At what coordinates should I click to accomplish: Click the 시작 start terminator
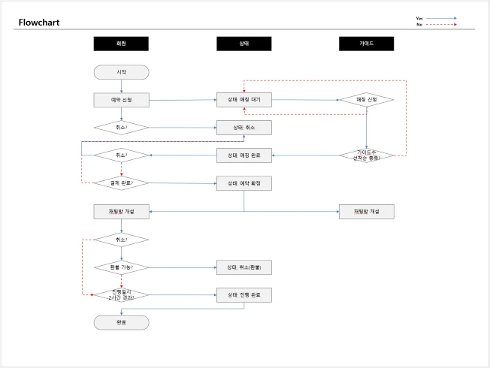pyautogui.click(x=121, y=72)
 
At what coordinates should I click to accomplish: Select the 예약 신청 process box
pyautogui.click(x=121, y=100)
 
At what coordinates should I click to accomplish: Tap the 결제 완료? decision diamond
pyautogui.click(x=121, y=183)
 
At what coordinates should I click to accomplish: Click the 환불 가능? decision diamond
pyautogui.click(x=121, y=267)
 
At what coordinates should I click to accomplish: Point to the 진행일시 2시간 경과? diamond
pyautogui.click(x=121, y=294)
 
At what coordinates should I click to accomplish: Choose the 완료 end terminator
pyautogui.click(x=121, y=322)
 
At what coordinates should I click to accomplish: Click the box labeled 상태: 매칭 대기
pyautogui.click(x=244, y=100)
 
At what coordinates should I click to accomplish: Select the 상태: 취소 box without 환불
pyautogui.click(x=244, y=128)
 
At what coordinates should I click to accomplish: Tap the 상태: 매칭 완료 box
pyautogui.click(x=244, y=155)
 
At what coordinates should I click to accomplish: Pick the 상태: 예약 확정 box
pyautogui.click(x=244, y=183)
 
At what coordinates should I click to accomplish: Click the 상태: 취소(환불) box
pyautogui.click(x=244, y=267)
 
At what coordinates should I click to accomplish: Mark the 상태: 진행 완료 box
pyautogui.click(x=244, y=294)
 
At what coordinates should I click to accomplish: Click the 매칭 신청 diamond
pyautogui.click(x=366, y=100)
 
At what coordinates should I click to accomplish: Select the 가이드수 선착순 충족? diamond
pyautogui.click(x=366, y=155)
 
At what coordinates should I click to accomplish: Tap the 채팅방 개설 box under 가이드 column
pyautogui.click(x=366, y=212)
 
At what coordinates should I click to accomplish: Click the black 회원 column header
pyautogui.click(x=121, y=44)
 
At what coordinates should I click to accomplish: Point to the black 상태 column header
pyautogui.click(x=244, y=44)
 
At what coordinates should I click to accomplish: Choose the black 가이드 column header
pyautogui.click(x=366, y=44)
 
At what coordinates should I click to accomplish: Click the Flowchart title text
pyautogui.click(x=39, y=23)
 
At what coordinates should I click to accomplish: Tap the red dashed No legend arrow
pyautogui.click(x=442, y=25)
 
